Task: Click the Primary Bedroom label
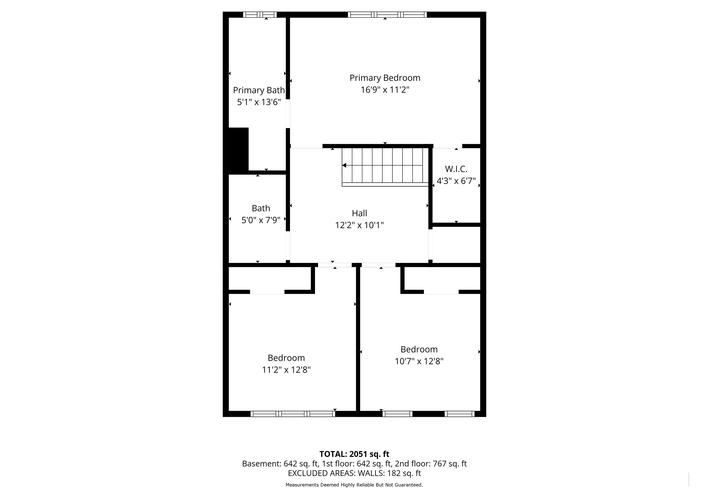pos(385,78)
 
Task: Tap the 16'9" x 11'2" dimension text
pos(385,90)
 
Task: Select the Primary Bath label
pos(259,90)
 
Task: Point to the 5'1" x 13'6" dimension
pos(259,102)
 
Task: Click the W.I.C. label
pos(456,169)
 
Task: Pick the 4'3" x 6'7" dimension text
pos(456,181)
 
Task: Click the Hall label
pos(359,213)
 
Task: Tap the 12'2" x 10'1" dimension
pos(359,225)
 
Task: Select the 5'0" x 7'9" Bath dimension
pos(261,220)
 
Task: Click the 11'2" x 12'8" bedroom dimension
pos(286,370)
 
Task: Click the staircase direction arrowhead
pos(344,165)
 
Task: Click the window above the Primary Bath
pos(260,14)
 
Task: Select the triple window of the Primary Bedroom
pos(387,14)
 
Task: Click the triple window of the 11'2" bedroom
pos(293,414)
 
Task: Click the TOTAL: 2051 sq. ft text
pos(354,454)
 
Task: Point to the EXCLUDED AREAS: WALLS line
pos(354,473)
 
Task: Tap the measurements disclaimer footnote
pos(354,485)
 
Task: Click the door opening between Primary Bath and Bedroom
pos(288,114)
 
